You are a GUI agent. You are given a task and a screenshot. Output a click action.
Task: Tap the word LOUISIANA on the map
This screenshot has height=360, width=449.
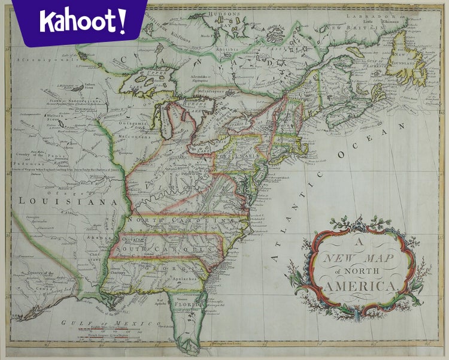click(66, 202)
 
